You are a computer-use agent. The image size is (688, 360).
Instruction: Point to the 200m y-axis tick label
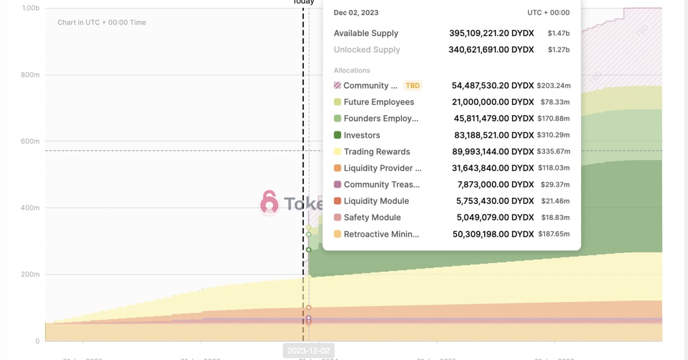tap(30, 274)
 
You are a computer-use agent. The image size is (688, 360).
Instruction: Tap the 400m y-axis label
tap(30, 208)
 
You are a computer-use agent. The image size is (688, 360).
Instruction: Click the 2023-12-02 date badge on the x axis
tap(308, 350)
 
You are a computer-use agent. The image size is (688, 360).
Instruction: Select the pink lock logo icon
tap(269, 203)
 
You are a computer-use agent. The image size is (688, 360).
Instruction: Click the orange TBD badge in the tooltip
tap(413, 85)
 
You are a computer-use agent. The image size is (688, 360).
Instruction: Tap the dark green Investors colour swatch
tap(338, 135)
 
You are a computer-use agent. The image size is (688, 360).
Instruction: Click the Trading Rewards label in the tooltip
tap(377, 152)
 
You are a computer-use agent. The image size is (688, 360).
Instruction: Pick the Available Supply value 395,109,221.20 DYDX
tap(491, 33)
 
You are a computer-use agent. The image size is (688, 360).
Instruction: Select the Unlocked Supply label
tap(367, 50)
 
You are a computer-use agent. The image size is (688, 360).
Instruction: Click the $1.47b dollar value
tap(558, 33)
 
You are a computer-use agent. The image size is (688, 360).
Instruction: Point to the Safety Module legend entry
tap(372, 218)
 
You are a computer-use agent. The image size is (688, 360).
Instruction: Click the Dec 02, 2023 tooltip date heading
tap(356, 13)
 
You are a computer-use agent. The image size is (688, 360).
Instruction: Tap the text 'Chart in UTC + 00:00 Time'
tap(102, 22)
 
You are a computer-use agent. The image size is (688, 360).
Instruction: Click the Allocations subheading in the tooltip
tap(352, 71)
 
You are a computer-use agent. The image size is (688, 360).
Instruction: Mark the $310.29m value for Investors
tap(554, 135)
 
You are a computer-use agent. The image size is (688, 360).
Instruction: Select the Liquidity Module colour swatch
tap(338, 201)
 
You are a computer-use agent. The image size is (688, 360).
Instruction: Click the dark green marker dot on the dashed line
tap(308, 249)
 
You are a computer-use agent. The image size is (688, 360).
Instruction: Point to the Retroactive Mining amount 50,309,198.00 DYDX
tap(493, 234)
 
